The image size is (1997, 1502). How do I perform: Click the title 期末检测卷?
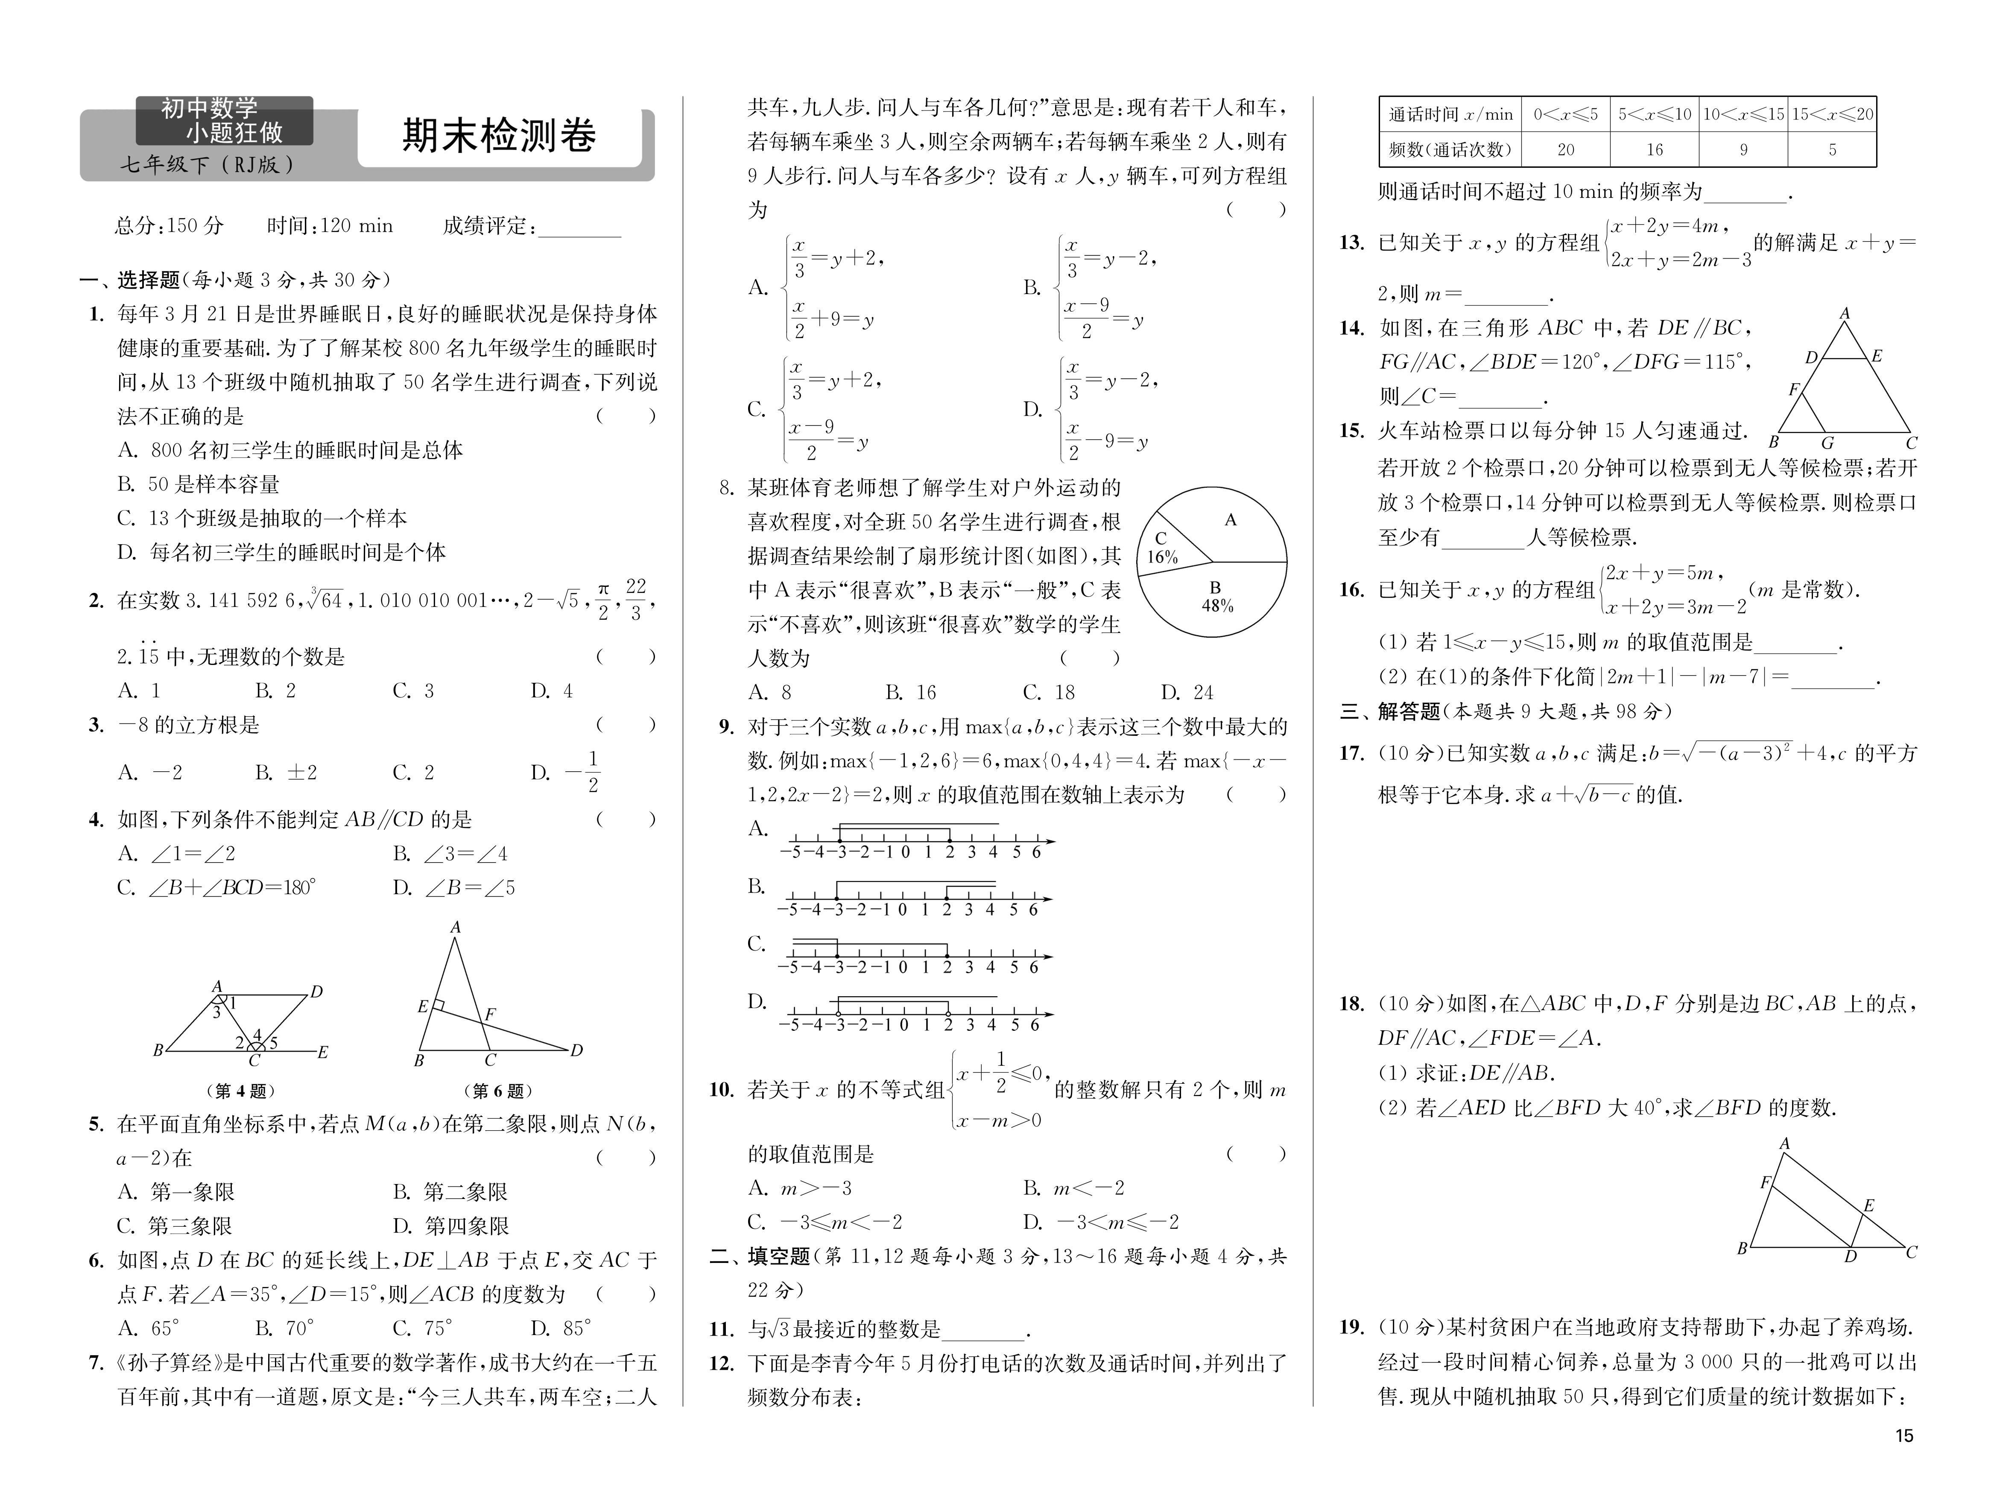tap(499, 135)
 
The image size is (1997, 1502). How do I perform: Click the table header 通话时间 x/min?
tap(1450, 115)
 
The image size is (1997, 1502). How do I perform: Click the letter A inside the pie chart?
tap(1231, 520)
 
